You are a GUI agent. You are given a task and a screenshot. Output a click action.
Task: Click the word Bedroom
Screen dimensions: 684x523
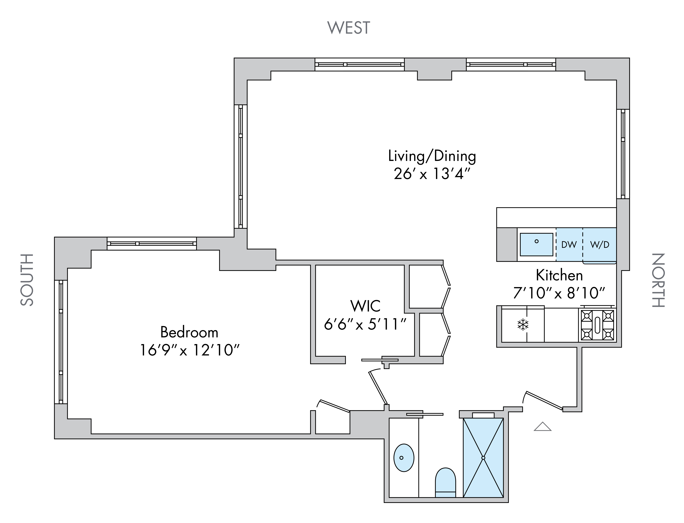(x=189, y=333)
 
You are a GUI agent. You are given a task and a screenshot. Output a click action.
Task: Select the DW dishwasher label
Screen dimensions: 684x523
(x=569, y=245)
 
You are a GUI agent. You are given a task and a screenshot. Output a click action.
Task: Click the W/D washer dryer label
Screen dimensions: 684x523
(x=600, y=245)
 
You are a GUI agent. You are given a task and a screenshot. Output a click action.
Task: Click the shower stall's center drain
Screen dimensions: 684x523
(x=483, y=458)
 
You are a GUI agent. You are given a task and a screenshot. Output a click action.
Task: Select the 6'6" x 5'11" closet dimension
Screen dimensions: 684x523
(x=365, y=324)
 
